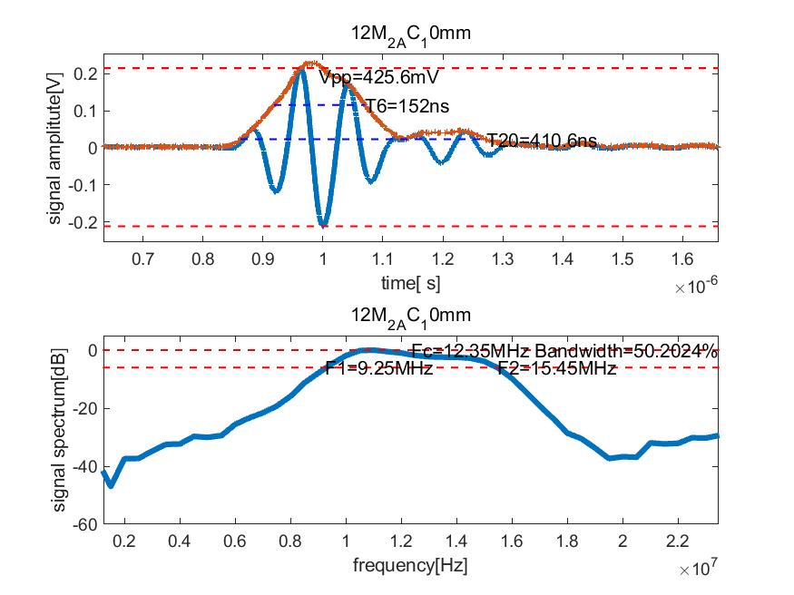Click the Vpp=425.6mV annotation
tap(368, 78)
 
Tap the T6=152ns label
tap(407, 107)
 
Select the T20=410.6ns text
tap(542, 141)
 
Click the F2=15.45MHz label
tap(556, 368)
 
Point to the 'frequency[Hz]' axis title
tap(411, 567)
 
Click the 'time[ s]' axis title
tap(411, 284)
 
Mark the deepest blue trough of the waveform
tap(323, 223)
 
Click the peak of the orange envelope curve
tap(310, 63)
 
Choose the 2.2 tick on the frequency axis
tap(677, 542)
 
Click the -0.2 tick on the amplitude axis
tap(83, 221)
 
